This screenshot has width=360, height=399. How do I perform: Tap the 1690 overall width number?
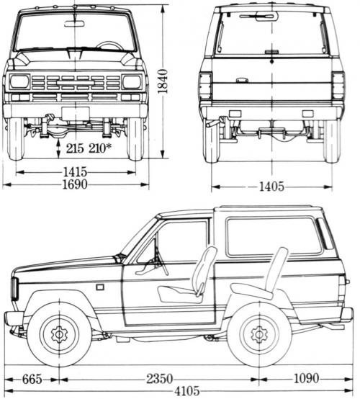click(x=74, y=185)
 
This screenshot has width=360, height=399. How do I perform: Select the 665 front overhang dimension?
click(x=30, y=377)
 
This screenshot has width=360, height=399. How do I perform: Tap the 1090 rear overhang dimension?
click(x=312, y=377)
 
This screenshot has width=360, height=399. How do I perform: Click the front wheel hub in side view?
click(x=58, y=334)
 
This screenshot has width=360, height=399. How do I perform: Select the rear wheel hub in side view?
click(x=258, y=334)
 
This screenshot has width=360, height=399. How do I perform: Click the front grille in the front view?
click(x=75, y=83)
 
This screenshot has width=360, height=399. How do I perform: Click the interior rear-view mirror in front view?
click(x=74, y=24)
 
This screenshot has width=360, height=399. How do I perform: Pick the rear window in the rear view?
click(x=271, y=34)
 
